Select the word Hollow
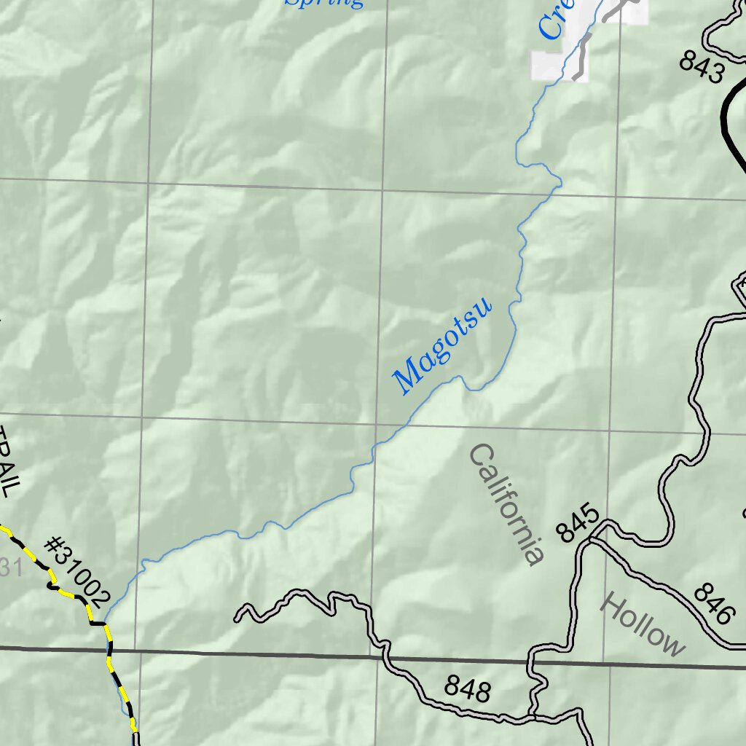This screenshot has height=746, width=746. [643, 626]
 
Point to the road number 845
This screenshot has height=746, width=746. [580, 522]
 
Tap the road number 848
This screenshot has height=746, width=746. [467, 688]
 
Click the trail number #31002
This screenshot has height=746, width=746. [76, 572]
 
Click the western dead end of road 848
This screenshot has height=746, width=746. [237, 619]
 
